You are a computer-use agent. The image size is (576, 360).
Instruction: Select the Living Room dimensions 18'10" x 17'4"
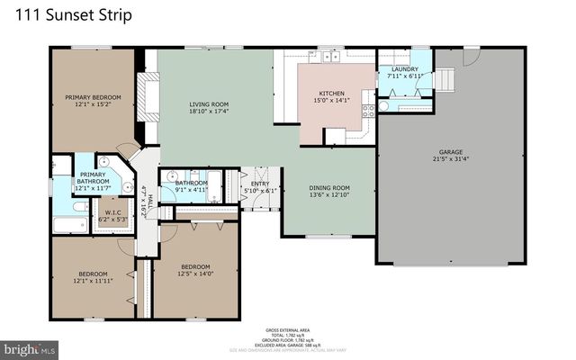(x=209, y=112)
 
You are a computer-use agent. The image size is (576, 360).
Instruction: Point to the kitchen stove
(x=368, y=112)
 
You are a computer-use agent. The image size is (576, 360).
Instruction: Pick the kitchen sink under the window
(x=328, y=56)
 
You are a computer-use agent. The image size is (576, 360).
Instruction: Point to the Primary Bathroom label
(x=93, y=179)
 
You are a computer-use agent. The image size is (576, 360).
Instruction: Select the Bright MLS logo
(x=30, y=347)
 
